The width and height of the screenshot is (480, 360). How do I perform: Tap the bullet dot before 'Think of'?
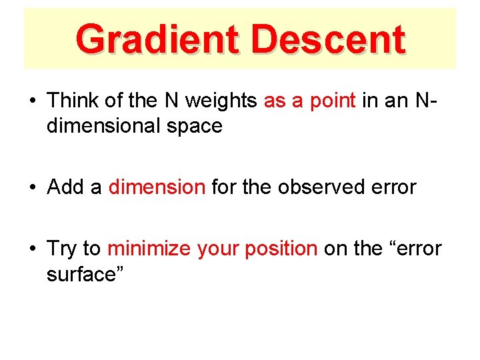[32, 102]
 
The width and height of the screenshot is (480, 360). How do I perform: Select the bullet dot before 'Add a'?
[32, 189]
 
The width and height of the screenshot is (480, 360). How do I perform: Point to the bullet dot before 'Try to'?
[32, 250]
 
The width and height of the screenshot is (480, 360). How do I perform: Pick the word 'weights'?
[223, 101]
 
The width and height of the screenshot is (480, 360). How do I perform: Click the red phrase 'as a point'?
[310, 101]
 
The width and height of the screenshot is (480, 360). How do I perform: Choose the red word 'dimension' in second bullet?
[157, 187]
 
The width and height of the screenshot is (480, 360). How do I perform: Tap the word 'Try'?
[62, 249]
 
